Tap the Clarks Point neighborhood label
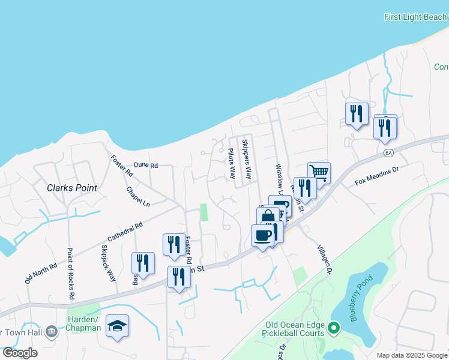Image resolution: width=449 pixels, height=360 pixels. [x=72, y=188]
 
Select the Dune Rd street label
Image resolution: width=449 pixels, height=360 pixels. [x=145, y=165]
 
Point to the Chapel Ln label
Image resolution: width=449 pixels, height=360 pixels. [x=137, y=196]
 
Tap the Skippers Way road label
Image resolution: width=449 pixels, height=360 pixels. [x=246, y=160]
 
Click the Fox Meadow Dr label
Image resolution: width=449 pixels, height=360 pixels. [x=376, y=175]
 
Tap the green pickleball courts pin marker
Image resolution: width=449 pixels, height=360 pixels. [x=335, y=328]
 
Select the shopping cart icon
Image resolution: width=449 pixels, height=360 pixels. [x=319, y=173]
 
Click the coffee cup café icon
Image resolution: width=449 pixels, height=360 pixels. [x=262, y=235]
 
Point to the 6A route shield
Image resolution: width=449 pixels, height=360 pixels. [x=388, y=154]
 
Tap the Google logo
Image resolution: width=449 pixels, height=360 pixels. [x=20, y=353]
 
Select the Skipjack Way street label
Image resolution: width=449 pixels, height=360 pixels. [x=109, y=263]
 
